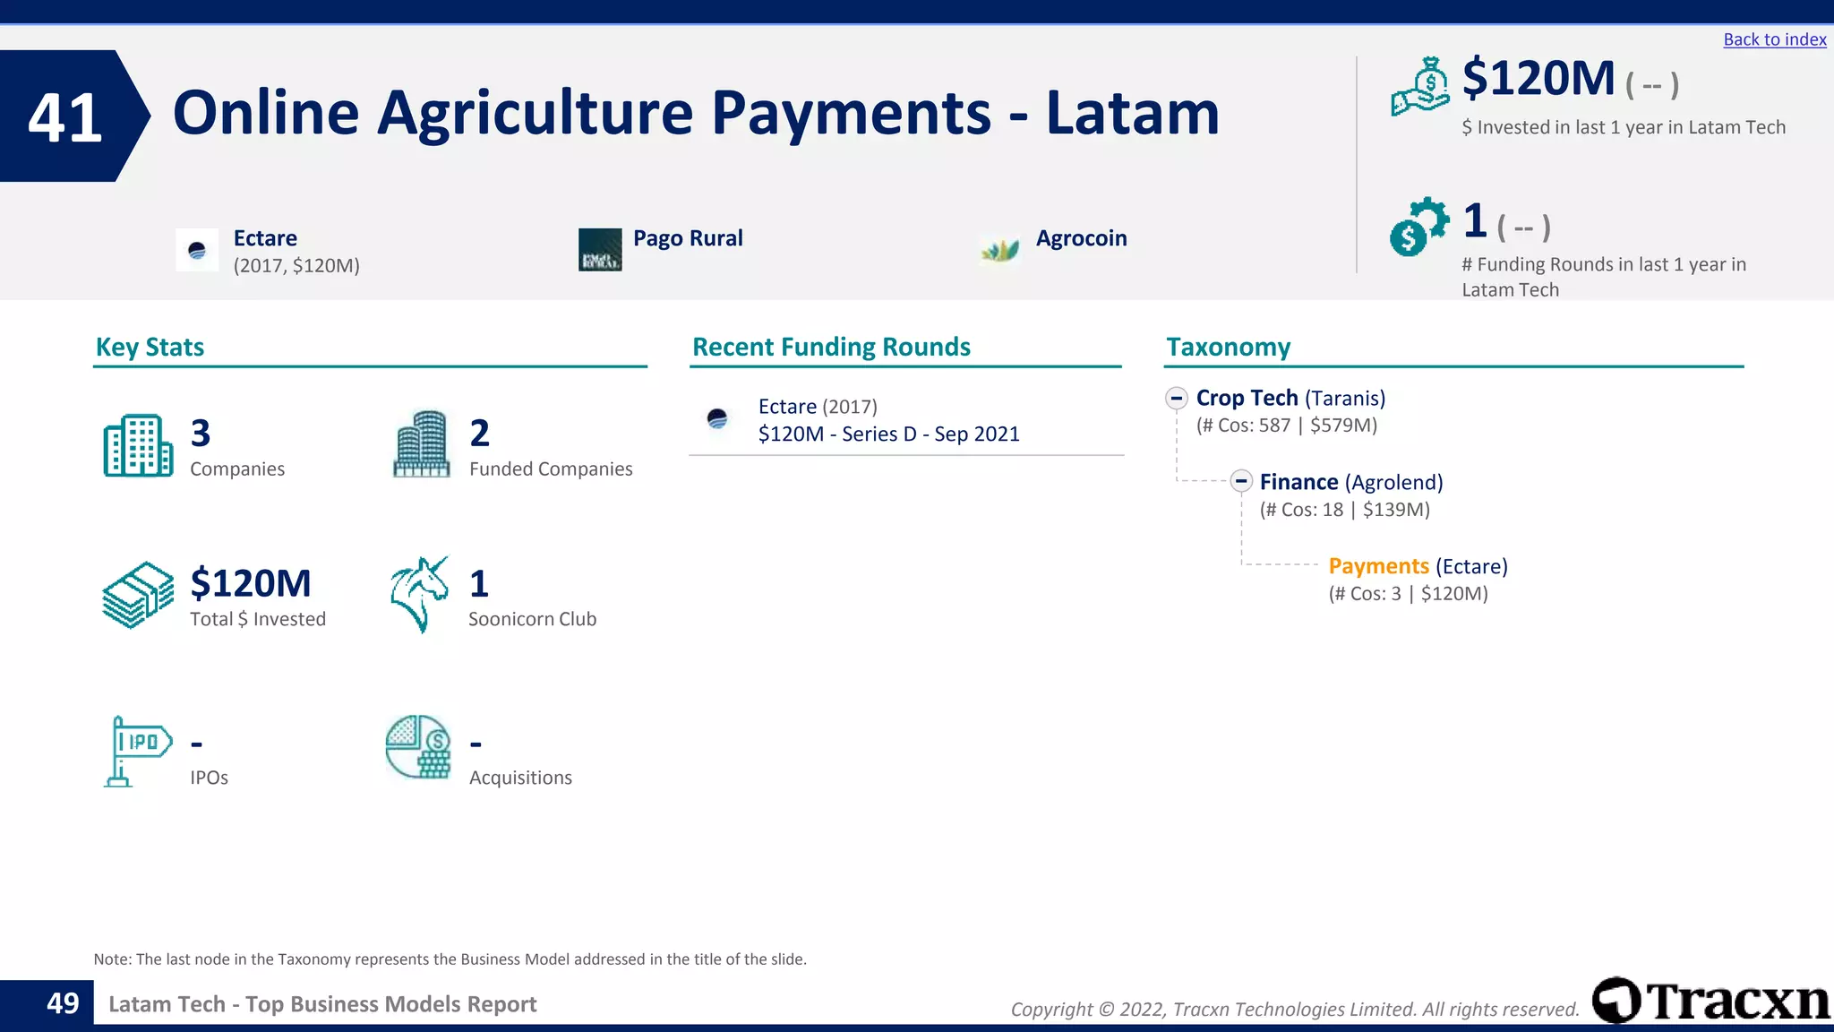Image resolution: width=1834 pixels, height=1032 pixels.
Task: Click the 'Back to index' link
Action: [1774, 39]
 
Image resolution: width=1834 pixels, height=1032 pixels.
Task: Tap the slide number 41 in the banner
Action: [64, 117]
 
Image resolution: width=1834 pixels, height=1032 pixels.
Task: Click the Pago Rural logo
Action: [600, 250]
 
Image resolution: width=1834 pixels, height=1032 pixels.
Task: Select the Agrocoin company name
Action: [1081, 238]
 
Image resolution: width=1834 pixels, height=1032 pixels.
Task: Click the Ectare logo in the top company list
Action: [197, 250]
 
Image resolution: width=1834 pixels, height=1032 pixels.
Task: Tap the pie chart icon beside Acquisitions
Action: [418, 747]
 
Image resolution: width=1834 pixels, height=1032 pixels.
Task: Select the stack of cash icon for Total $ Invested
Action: [137, 595]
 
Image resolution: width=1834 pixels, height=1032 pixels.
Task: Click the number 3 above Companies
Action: [201, 434]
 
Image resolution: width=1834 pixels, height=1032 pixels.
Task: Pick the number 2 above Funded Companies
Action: [480, 434]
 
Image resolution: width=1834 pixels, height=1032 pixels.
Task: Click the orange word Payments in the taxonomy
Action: [1378, 566]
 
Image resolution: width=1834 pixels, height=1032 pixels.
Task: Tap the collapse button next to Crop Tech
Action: [1177, 398]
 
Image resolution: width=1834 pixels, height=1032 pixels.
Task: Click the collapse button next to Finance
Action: [1240, 482]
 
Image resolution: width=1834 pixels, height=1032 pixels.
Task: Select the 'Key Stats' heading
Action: [150, 347]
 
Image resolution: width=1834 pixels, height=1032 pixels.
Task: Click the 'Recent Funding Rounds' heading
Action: [831, 347]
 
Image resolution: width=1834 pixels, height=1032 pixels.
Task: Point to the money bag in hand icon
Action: [1420, 87]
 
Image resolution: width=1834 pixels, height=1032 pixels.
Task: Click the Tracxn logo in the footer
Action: [1710, 1001]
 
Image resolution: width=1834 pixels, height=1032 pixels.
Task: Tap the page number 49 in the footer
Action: [63, 1003]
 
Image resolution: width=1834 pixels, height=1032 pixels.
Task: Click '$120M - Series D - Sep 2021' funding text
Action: [888, 434]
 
